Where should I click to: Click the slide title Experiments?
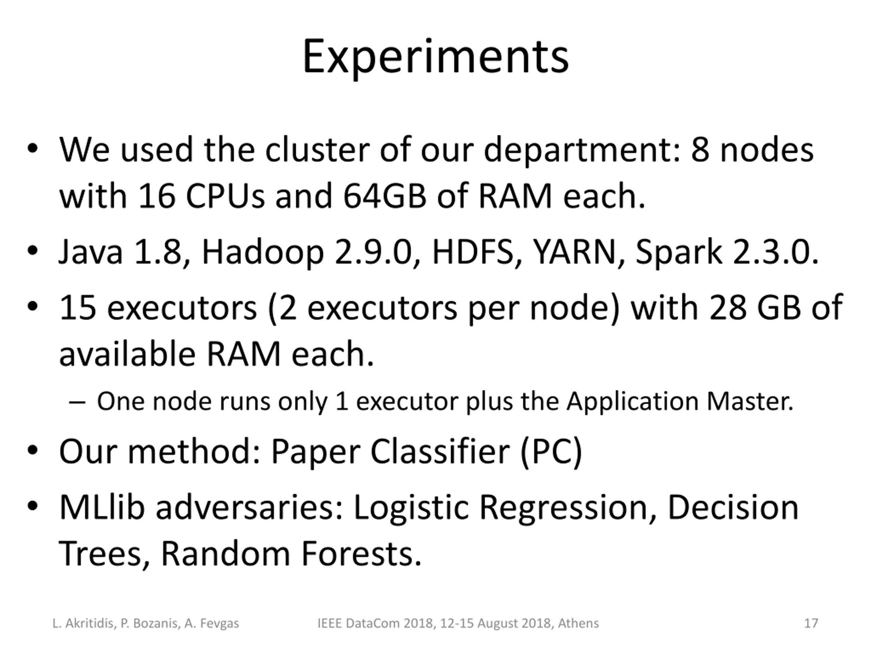435,56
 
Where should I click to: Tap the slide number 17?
811,623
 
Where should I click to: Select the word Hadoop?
263,252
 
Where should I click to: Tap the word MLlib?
102,507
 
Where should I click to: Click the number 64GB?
385,196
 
